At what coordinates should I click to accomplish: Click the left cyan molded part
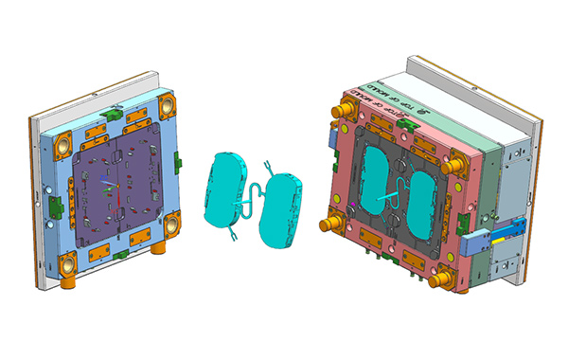[223, 189]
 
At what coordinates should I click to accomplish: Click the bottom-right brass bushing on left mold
[172, 226]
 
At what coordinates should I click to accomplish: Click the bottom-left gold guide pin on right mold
[333, 225]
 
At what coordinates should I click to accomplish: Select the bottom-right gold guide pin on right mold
[438, 279]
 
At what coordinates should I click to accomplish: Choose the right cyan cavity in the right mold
[422, 201]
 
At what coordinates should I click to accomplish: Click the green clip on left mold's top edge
[113, 111]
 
